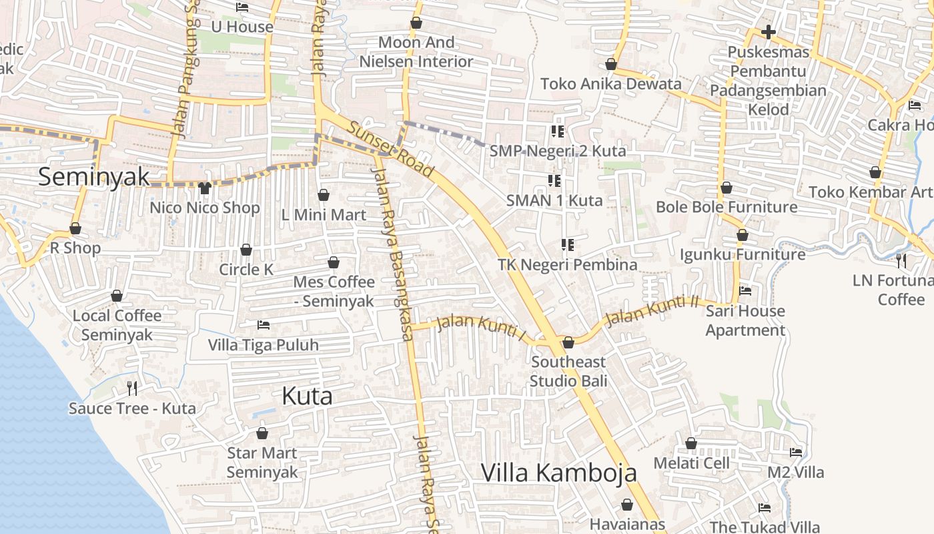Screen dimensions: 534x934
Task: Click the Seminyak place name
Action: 93,177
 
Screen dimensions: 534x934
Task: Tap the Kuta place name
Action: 307,396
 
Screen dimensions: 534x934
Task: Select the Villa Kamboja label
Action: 558,473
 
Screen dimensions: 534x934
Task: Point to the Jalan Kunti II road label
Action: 651,311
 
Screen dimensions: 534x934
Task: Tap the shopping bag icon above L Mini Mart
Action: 324,195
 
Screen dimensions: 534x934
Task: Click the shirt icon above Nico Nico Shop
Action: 204,188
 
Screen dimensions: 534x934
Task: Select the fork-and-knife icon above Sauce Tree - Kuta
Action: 132,388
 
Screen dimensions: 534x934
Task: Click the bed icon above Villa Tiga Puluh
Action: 264,325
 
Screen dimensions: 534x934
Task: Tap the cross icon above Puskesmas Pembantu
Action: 769,31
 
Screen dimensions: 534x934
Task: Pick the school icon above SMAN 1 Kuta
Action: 554,180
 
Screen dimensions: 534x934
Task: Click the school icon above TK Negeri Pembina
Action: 568,245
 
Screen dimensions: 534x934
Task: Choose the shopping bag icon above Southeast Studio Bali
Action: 568,342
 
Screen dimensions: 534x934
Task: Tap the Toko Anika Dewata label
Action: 611,84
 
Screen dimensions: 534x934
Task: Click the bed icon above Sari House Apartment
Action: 745,291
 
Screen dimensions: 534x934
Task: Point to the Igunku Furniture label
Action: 743,254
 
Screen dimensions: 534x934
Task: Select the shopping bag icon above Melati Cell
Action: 691,443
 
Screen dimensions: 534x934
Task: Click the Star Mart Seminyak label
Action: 262,463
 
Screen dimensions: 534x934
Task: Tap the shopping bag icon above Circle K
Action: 246,250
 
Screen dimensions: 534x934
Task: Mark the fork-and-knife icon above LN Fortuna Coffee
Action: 901,260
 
